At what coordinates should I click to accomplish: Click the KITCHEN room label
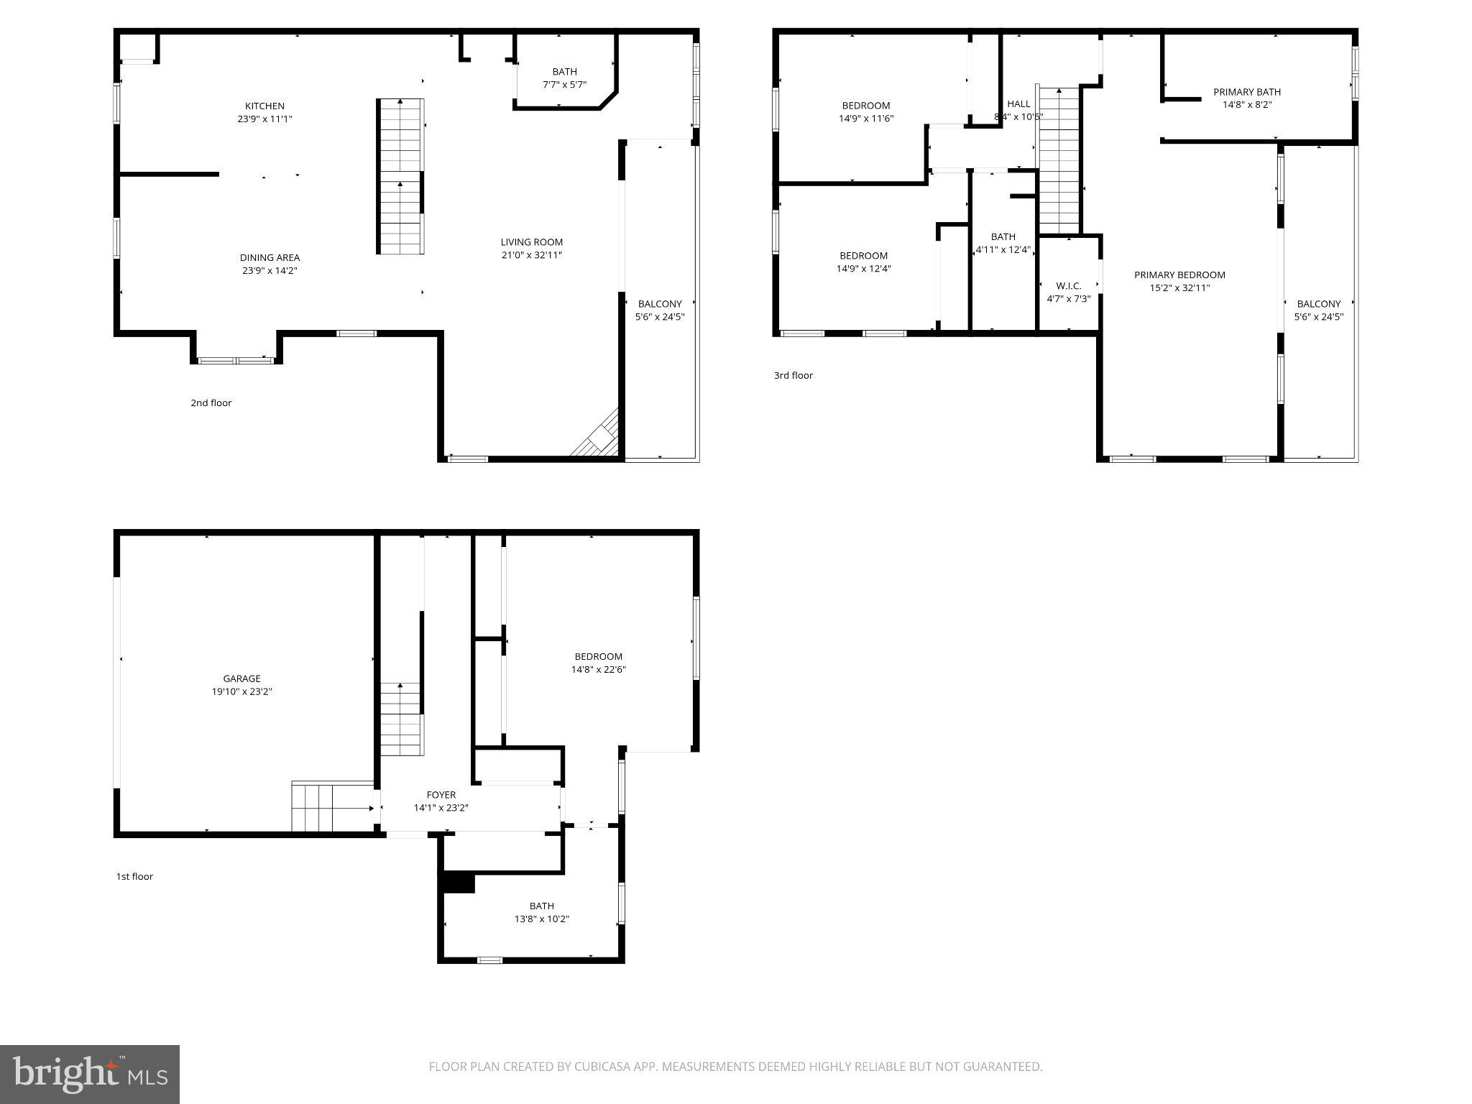click(264, 106)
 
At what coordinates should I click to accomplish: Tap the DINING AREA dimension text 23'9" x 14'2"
click(270, 271)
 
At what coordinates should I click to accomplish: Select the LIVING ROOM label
click(531, 242)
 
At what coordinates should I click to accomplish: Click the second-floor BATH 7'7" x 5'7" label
click(564, 78)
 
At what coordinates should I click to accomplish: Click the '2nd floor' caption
click(211, 403)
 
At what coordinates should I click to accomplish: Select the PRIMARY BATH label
click(1246, 92)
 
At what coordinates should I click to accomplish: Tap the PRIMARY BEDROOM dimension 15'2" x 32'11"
click(1179, 288)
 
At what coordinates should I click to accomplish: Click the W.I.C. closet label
click(1068, 286)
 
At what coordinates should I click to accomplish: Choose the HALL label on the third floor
click(1018, 104)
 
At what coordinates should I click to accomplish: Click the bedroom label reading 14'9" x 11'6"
click(865, 112)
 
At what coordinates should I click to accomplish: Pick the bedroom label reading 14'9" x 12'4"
click(863, 262)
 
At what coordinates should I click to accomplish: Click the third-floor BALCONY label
click(1318, 304)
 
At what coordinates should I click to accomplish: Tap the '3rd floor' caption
click(793, 375)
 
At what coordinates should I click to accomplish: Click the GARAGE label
click(241, 678)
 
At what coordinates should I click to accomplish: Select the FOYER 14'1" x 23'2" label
click(441, 801)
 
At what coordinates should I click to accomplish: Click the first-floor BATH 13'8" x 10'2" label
click(541, 912)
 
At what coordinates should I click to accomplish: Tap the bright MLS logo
click(90, 1074)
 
